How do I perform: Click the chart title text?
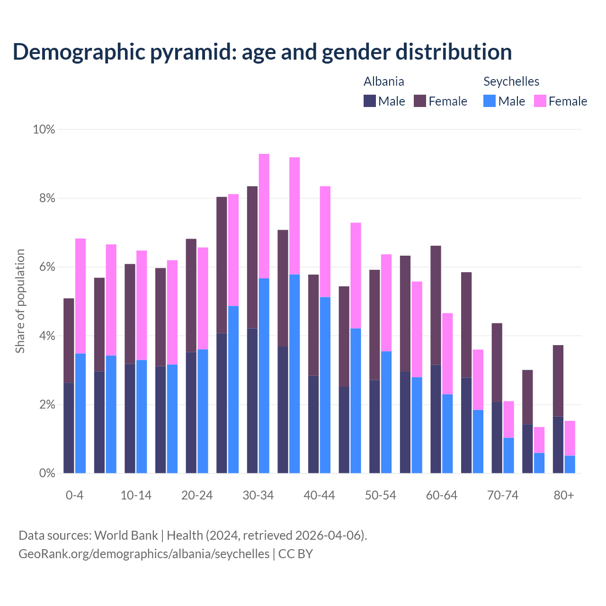point(262,52)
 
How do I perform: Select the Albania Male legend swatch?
point(370,101)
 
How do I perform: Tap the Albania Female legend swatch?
point(420,101)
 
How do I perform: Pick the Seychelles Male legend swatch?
point(490,101)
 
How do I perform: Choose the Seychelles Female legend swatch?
point(540,101)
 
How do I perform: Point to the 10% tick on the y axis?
point(44,129)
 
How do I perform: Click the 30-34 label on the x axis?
point(258,495)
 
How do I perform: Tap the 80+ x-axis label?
point(564,495)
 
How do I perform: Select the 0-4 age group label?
point(75,495)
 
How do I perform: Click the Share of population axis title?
point(20,301)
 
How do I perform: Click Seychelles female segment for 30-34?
point(264,216)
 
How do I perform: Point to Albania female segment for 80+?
point(558,381)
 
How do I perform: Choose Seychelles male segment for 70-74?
point(508,455)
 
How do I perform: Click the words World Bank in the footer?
point(126,535)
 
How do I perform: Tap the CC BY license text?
point(295,554)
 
